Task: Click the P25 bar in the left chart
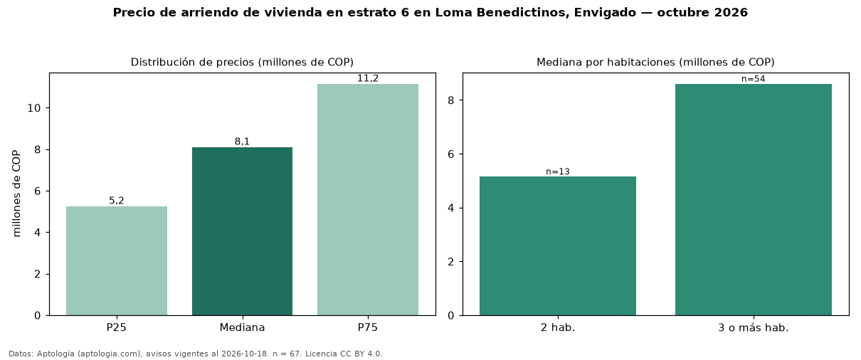pos(117,261)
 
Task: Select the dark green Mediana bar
pos(242,231)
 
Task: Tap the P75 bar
pos(368,199)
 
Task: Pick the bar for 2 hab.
pos(558,246)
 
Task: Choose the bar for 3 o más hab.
pos(754,199)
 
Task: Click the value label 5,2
pos(117,201)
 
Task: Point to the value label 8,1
pos(242,142)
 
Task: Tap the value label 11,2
pos(368,78)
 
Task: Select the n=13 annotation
pos(558,171)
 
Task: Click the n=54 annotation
pos(754,79)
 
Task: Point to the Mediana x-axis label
pos(242,327)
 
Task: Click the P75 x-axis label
pos(368,327)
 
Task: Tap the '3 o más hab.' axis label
pos(754,328)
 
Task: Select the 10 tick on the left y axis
pos(34,108)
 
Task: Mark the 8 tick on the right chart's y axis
pos(451,100)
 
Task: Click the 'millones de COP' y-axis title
pos(16,194)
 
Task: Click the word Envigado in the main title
pos(605,13)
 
